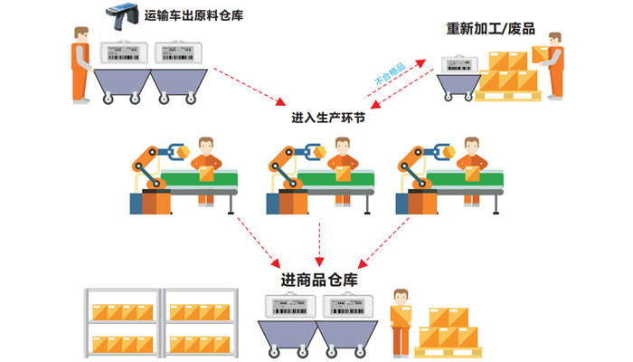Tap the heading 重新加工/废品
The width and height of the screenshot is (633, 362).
point(491,28)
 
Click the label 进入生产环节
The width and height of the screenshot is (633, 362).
point(327,119)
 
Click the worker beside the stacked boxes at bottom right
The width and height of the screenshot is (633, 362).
point(400,320)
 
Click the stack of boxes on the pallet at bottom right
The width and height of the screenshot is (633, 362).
point(449,329)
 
